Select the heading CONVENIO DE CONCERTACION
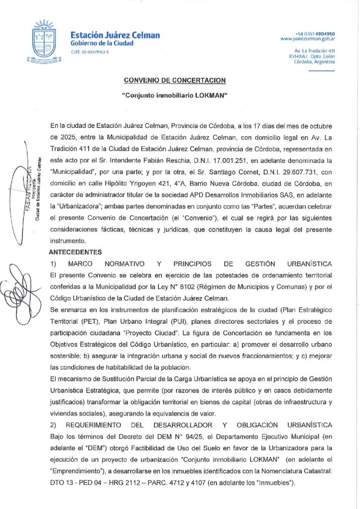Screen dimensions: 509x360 click(x=175, y=80)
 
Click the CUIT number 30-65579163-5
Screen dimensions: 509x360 click(x=90, y=52)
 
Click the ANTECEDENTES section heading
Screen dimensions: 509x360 click(x=75, y=253)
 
